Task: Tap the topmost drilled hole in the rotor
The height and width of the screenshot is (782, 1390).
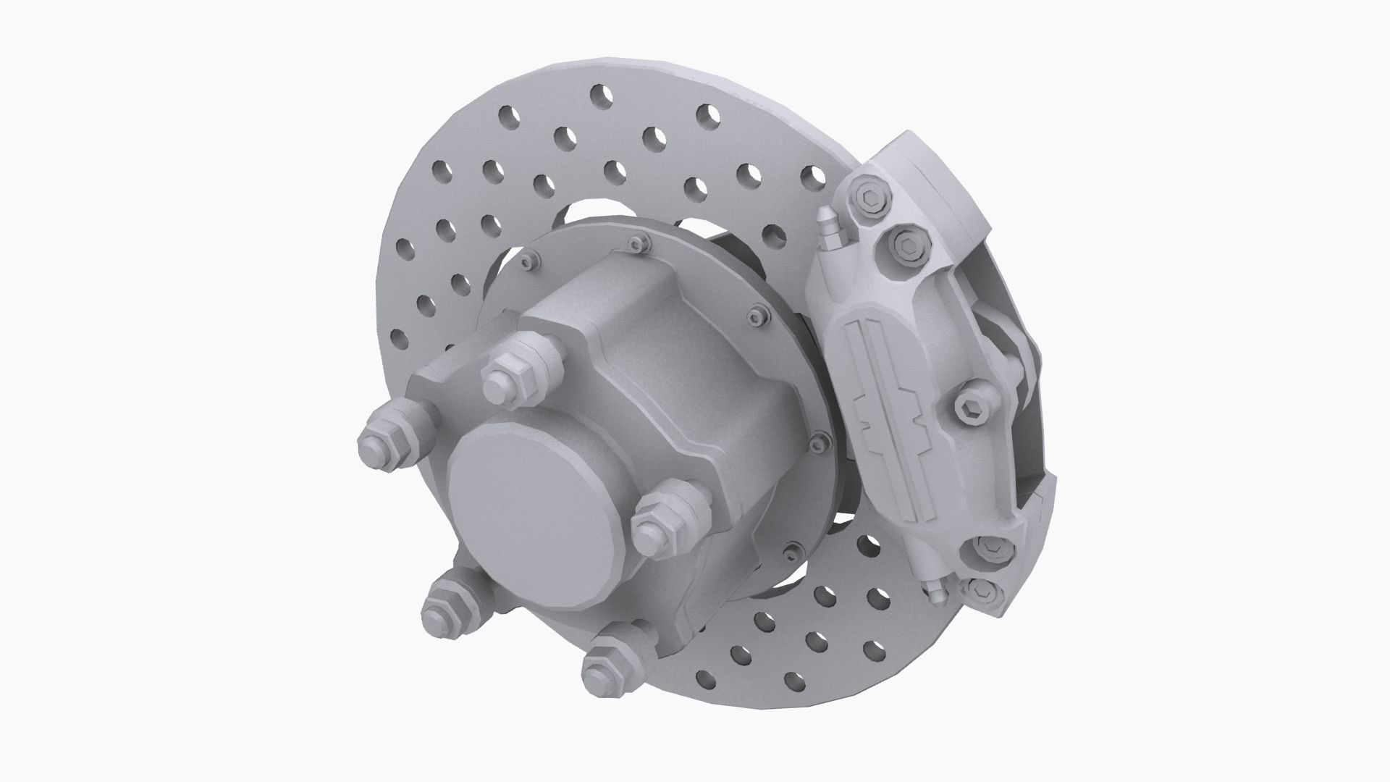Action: [x=600, y=94]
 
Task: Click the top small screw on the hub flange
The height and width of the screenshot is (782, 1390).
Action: [x=636, y=243]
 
